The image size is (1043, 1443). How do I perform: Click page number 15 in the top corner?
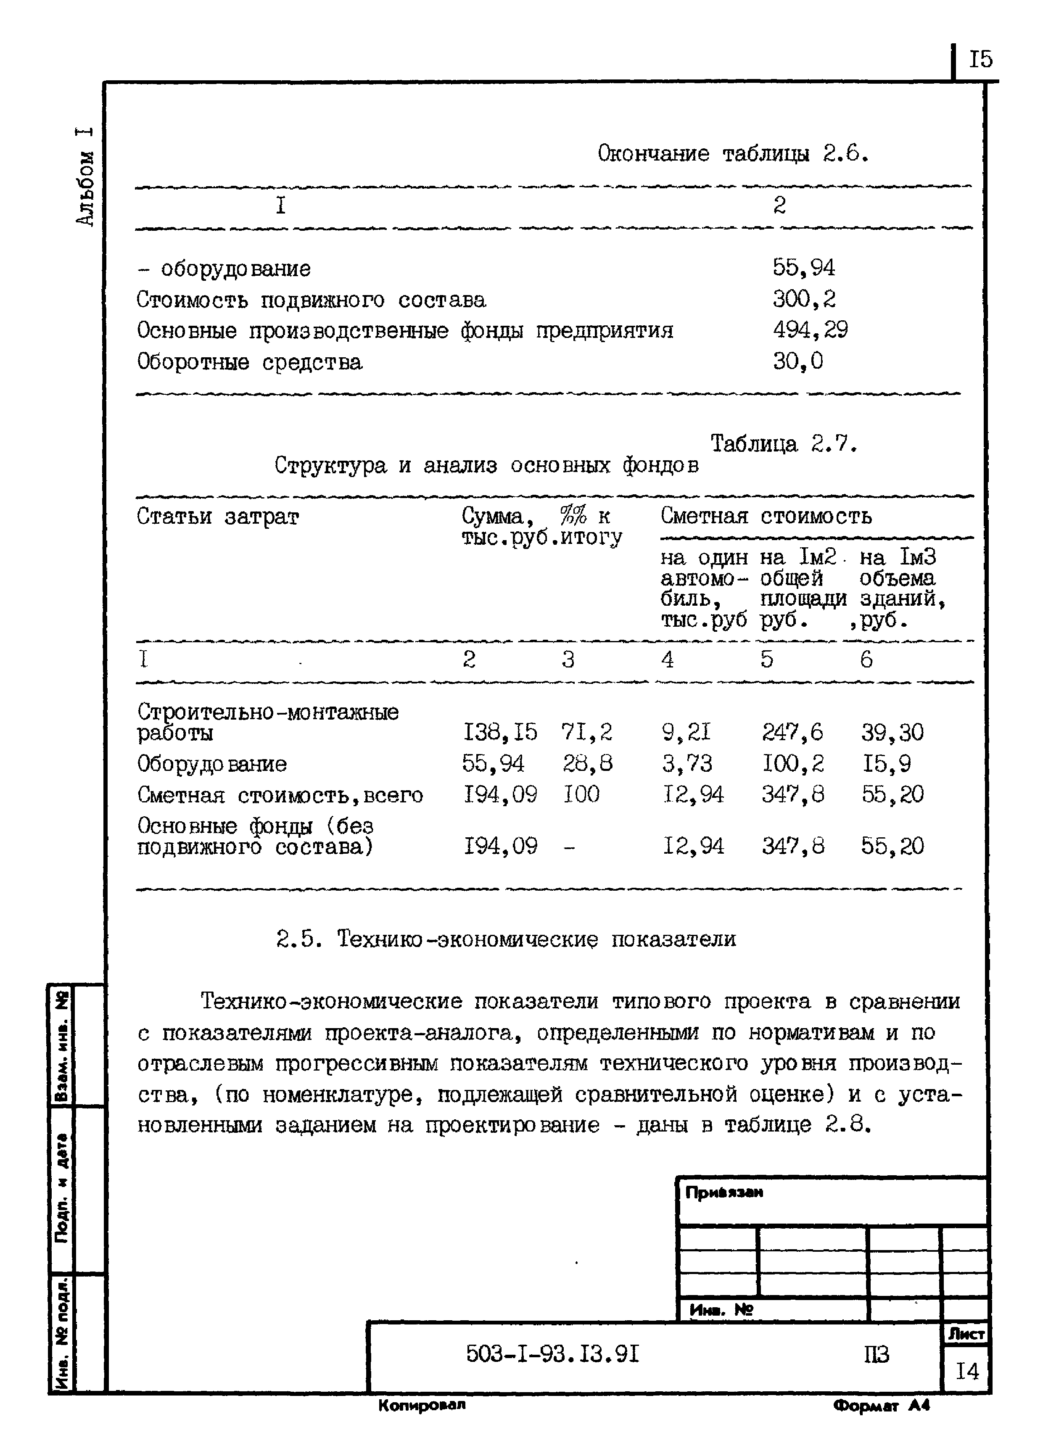coord(980,60)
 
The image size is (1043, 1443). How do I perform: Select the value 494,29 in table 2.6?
coord(809,330)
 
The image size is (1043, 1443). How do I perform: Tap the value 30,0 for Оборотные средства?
coord(797,361)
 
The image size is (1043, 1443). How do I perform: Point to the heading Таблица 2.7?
coord(783,443)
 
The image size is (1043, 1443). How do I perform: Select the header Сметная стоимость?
coord(766,515)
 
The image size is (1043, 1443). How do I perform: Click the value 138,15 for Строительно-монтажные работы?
coord(499,732)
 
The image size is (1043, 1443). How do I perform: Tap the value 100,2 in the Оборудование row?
coord(792,763)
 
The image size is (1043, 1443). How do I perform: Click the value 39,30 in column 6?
coord(892,732)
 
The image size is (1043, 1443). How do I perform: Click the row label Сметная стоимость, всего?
coord(280,795)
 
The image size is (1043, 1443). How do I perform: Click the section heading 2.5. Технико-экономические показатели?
coord(506,939)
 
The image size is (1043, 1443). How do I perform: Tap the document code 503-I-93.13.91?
coord(552,1354)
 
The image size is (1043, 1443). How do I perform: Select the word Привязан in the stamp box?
coord(723,1192)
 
